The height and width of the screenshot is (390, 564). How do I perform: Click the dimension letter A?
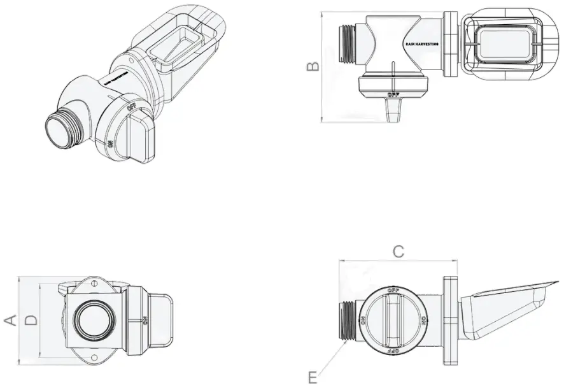10,319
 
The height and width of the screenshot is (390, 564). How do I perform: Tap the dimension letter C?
398,252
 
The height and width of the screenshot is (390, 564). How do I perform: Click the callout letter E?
313,378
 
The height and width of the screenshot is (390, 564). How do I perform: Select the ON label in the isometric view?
109,145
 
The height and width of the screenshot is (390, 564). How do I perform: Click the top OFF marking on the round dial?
393,290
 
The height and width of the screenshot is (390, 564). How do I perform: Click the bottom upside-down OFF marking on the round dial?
393,350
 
